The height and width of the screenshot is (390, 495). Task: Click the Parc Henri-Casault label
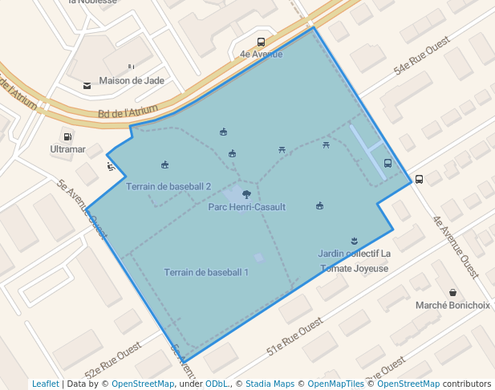246,207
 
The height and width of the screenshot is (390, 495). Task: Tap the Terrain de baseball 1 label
206,272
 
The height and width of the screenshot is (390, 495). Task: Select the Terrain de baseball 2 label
168,186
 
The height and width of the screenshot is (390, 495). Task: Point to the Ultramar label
67,149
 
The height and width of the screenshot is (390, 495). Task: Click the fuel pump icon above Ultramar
67,136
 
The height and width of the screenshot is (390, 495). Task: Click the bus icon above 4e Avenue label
261,43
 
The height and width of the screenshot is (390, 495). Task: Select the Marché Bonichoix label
452,305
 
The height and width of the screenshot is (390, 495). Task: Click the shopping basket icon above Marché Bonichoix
452,293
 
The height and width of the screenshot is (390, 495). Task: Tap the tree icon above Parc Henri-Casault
246,193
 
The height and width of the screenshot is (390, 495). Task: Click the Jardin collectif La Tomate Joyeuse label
354,261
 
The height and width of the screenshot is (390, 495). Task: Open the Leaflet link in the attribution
45,384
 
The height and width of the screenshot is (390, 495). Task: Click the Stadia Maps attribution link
269,384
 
